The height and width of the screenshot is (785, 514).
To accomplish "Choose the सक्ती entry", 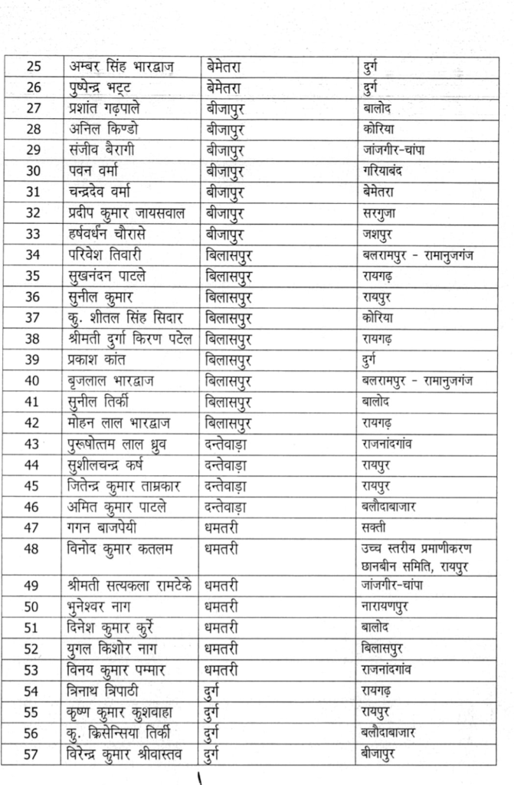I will pos(375,527).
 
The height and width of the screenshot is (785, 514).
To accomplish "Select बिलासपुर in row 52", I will pos(388,649).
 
